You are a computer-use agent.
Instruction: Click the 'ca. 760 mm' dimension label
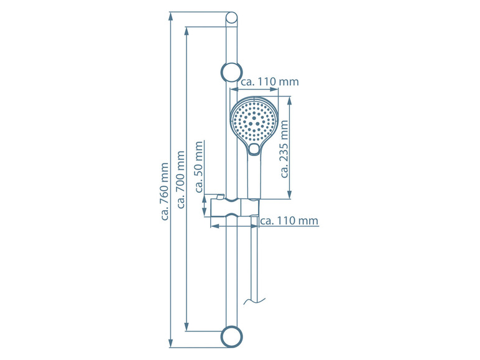click(x=165, y=192)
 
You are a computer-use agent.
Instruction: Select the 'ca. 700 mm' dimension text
click(x=181, y=180)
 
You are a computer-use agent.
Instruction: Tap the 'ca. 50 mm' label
click(x=199, y=167)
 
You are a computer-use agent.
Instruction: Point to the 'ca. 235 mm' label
click(x=284, y=149)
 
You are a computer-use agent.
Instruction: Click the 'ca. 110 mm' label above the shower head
click(x=270, y=81)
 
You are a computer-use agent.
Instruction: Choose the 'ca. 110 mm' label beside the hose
click(x=289, y=220)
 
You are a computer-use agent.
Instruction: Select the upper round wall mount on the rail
click(x=232, y=72)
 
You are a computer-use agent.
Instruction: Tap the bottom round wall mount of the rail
click(x=232, y=337)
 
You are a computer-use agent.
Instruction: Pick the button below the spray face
click(x=254, y=149)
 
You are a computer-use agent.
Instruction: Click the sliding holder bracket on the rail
click(x=235, y=208)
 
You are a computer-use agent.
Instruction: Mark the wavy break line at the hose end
click(x=255, y=301)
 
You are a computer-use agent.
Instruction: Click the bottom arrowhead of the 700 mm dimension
click(x=187, y=326)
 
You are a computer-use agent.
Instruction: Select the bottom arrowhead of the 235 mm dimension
click(x=290, y=195)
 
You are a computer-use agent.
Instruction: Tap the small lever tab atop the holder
click(x=220, y=196)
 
